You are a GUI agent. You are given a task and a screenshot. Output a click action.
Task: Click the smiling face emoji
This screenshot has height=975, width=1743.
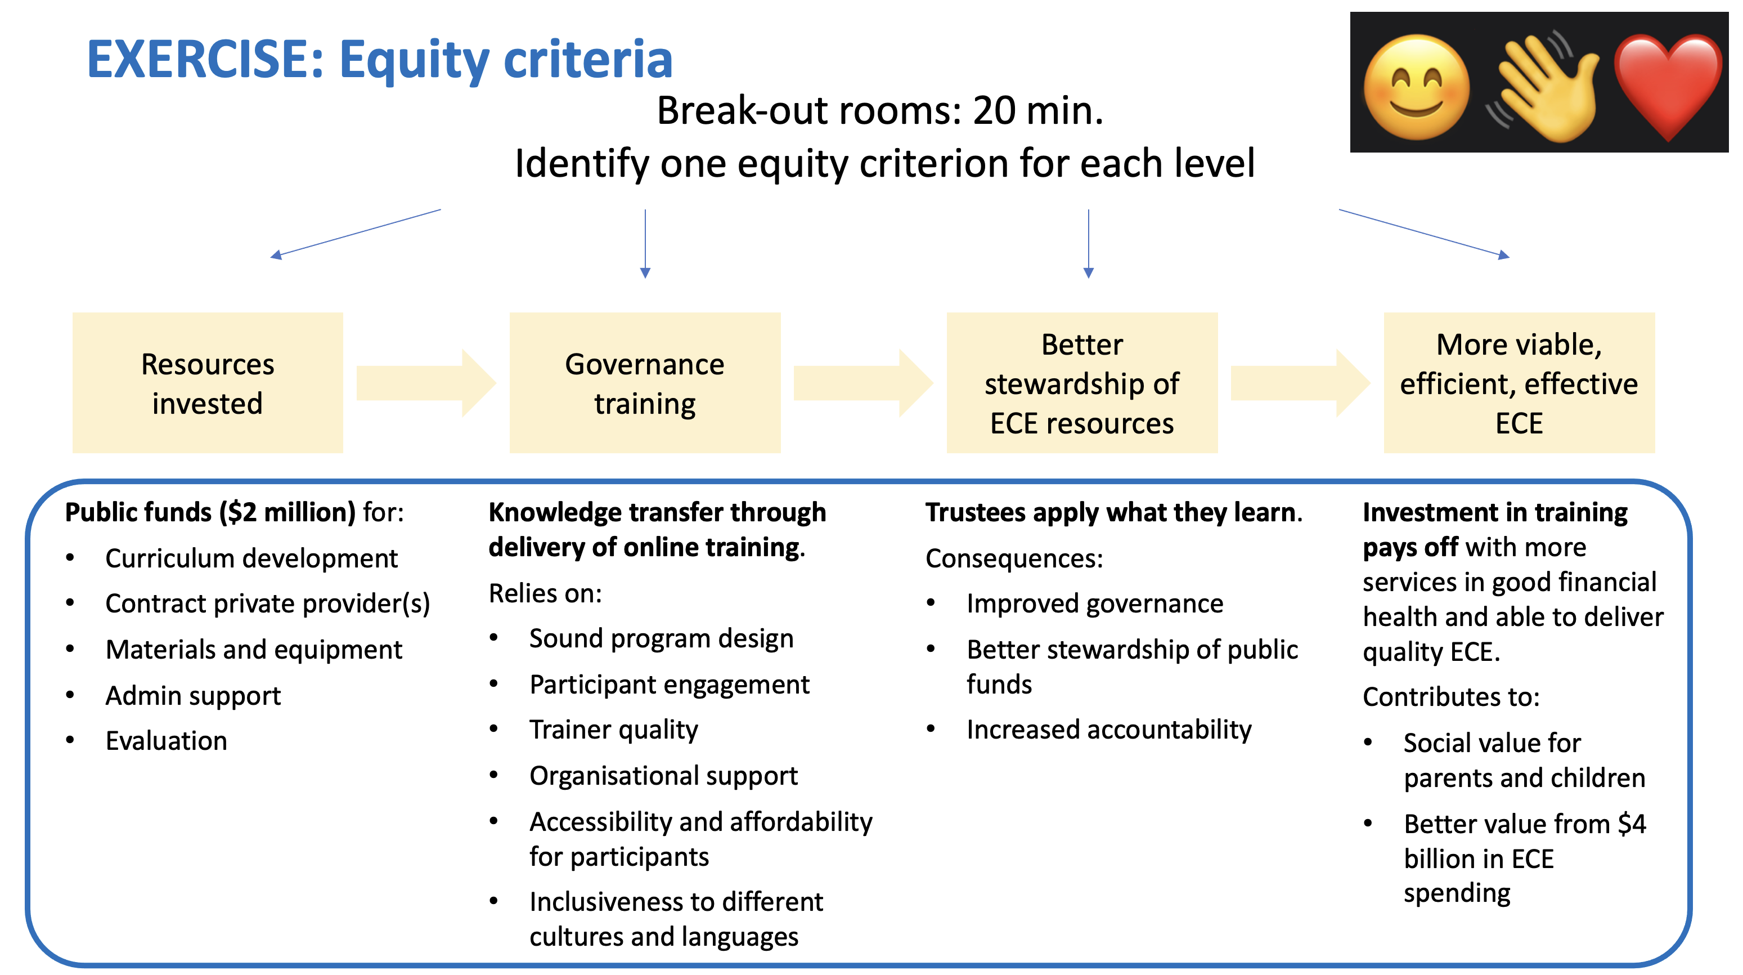click(x=1417, y=88)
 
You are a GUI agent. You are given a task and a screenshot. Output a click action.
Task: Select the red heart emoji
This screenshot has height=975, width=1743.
click(x=1668, y=87)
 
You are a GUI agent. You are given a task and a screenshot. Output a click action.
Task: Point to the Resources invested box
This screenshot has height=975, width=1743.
click(x=208, y=383)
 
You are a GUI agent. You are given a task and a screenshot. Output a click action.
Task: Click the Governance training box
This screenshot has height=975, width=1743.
click(x=645, y=383)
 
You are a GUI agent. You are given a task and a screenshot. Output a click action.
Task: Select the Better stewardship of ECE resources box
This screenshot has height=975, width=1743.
click(x=1082, y=383)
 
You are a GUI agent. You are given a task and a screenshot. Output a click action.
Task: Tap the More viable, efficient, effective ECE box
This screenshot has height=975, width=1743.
click(x=1519, y=383)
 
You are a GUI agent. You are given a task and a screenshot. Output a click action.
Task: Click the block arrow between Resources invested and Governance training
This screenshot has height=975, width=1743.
click(x=426, y=383)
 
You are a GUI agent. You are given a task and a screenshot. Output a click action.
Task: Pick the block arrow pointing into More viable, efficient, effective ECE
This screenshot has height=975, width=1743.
click(x=1300, y=383)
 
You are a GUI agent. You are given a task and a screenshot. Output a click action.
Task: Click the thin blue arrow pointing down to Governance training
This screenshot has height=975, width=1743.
click(x=645, y=244)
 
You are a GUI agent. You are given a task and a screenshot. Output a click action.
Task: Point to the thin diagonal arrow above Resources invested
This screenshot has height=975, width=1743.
click(x=355, y=234)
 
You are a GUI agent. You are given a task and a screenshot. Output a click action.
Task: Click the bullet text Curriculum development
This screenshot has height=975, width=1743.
click(x=251, y=558)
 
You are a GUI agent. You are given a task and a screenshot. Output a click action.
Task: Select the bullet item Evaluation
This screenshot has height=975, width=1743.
click(x=167, y=741)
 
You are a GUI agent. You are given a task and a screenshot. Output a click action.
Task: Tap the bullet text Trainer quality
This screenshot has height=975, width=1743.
click(x=614, y=730)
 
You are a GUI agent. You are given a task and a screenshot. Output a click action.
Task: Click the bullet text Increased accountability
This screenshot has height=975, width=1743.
click(x=1109, y=730)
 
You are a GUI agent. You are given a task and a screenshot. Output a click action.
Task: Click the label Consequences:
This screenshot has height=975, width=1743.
click(x=1014, y=558)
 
